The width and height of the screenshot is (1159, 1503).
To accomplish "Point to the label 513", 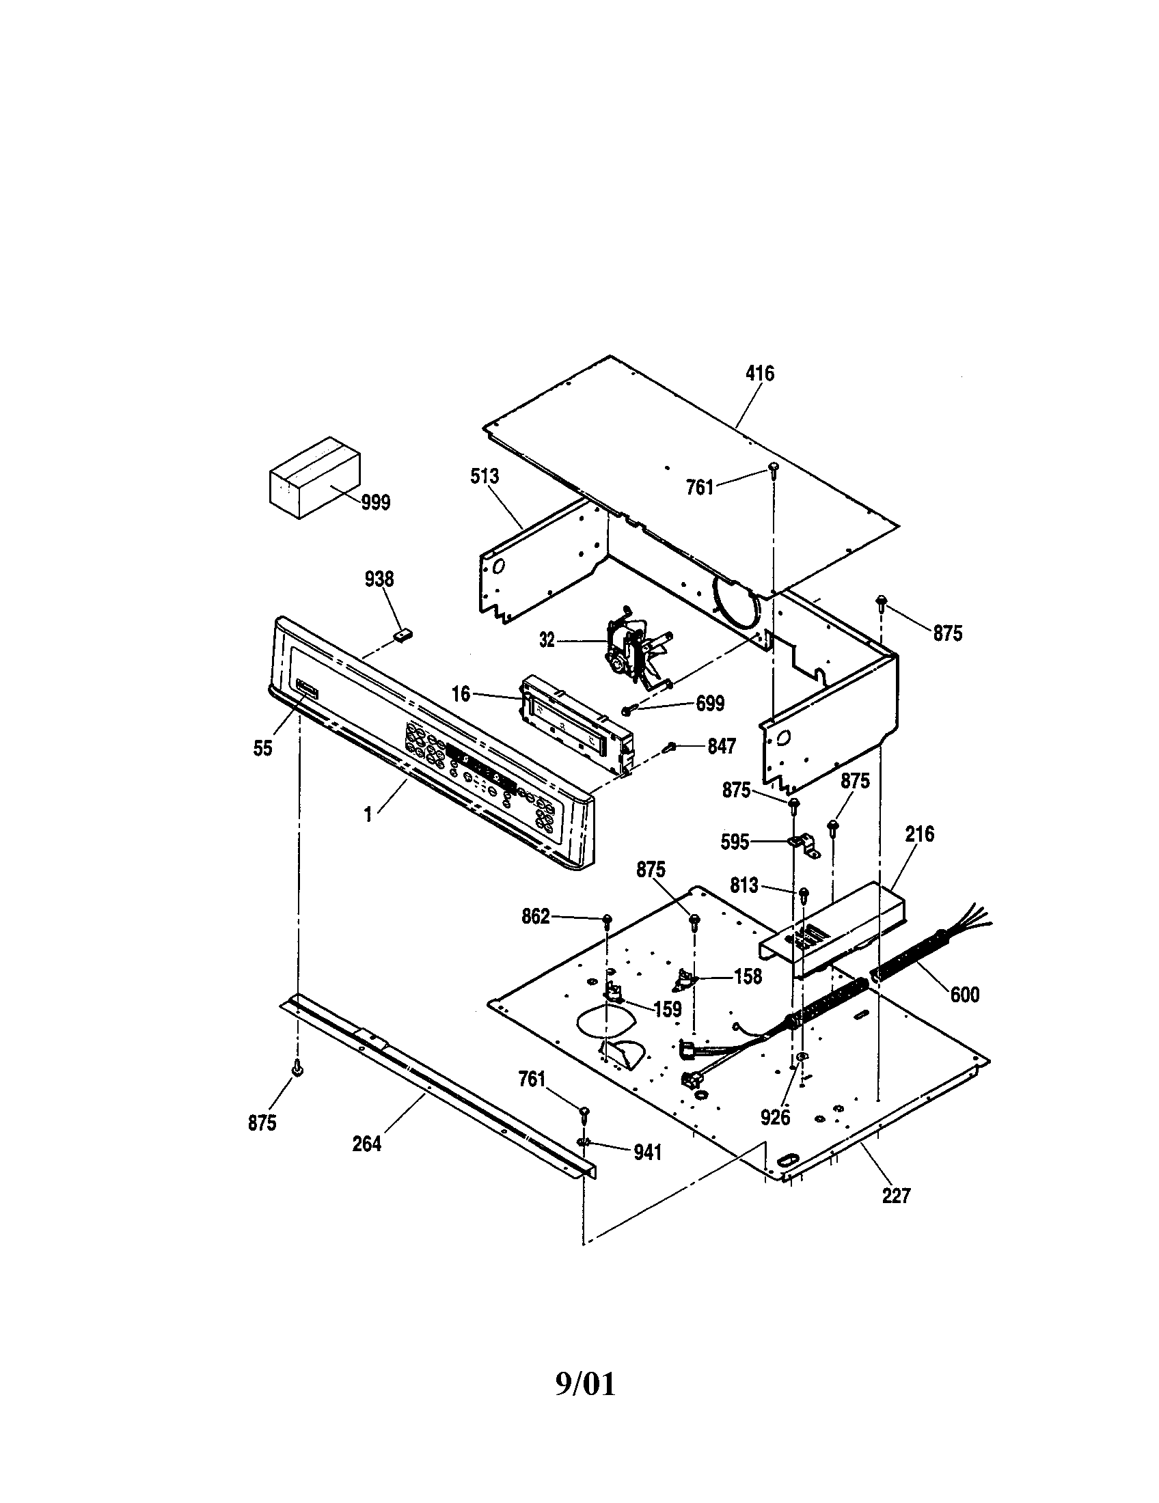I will tap(485, 475).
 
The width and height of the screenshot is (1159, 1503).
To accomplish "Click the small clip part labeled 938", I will tap(402, 635).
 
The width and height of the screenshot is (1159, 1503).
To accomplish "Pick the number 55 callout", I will tap(263, 748).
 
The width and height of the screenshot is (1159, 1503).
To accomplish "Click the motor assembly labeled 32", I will tap(630, 647).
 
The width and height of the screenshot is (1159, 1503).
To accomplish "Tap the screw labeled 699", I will tap(627, 710).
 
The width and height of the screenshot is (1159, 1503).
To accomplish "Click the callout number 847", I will tap(721, 746).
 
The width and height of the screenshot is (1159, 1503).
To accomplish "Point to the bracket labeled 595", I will tap(802, 844).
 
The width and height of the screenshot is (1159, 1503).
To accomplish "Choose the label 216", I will tap(920, 834).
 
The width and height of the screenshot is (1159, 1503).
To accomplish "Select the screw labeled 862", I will tap(608, 920).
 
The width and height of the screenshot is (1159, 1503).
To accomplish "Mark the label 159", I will tap(667, 1010).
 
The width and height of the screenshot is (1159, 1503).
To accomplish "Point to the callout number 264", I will tap(366, 1144).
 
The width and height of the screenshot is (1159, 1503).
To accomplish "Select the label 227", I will tap(896, 1196).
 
